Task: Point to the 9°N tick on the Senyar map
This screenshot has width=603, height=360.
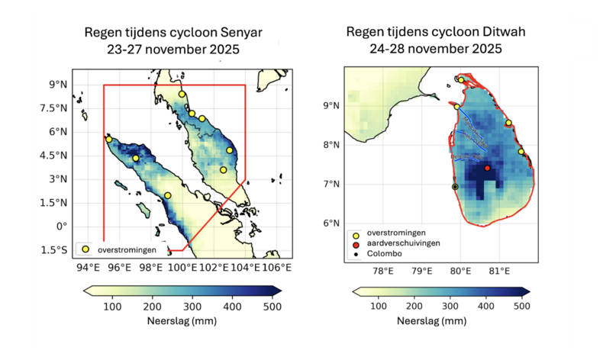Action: (x=58, y=85)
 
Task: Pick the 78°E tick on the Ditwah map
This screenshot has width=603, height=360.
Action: (x=382, y=271)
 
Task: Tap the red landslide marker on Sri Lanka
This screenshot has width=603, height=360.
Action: (x=487, y=168)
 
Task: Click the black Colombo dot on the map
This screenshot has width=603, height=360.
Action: (x=455, y=186)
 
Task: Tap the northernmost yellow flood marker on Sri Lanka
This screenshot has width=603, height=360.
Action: (x=461, y=80)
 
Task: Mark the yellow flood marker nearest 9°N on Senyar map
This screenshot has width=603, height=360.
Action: (x=182, y=95)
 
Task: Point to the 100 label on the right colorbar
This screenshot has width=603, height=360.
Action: (x=381, y=307)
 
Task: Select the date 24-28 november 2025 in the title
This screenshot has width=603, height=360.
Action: (x=435, y=50)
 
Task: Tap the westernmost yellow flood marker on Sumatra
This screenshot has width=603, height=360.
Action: (x=108, y=140)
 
